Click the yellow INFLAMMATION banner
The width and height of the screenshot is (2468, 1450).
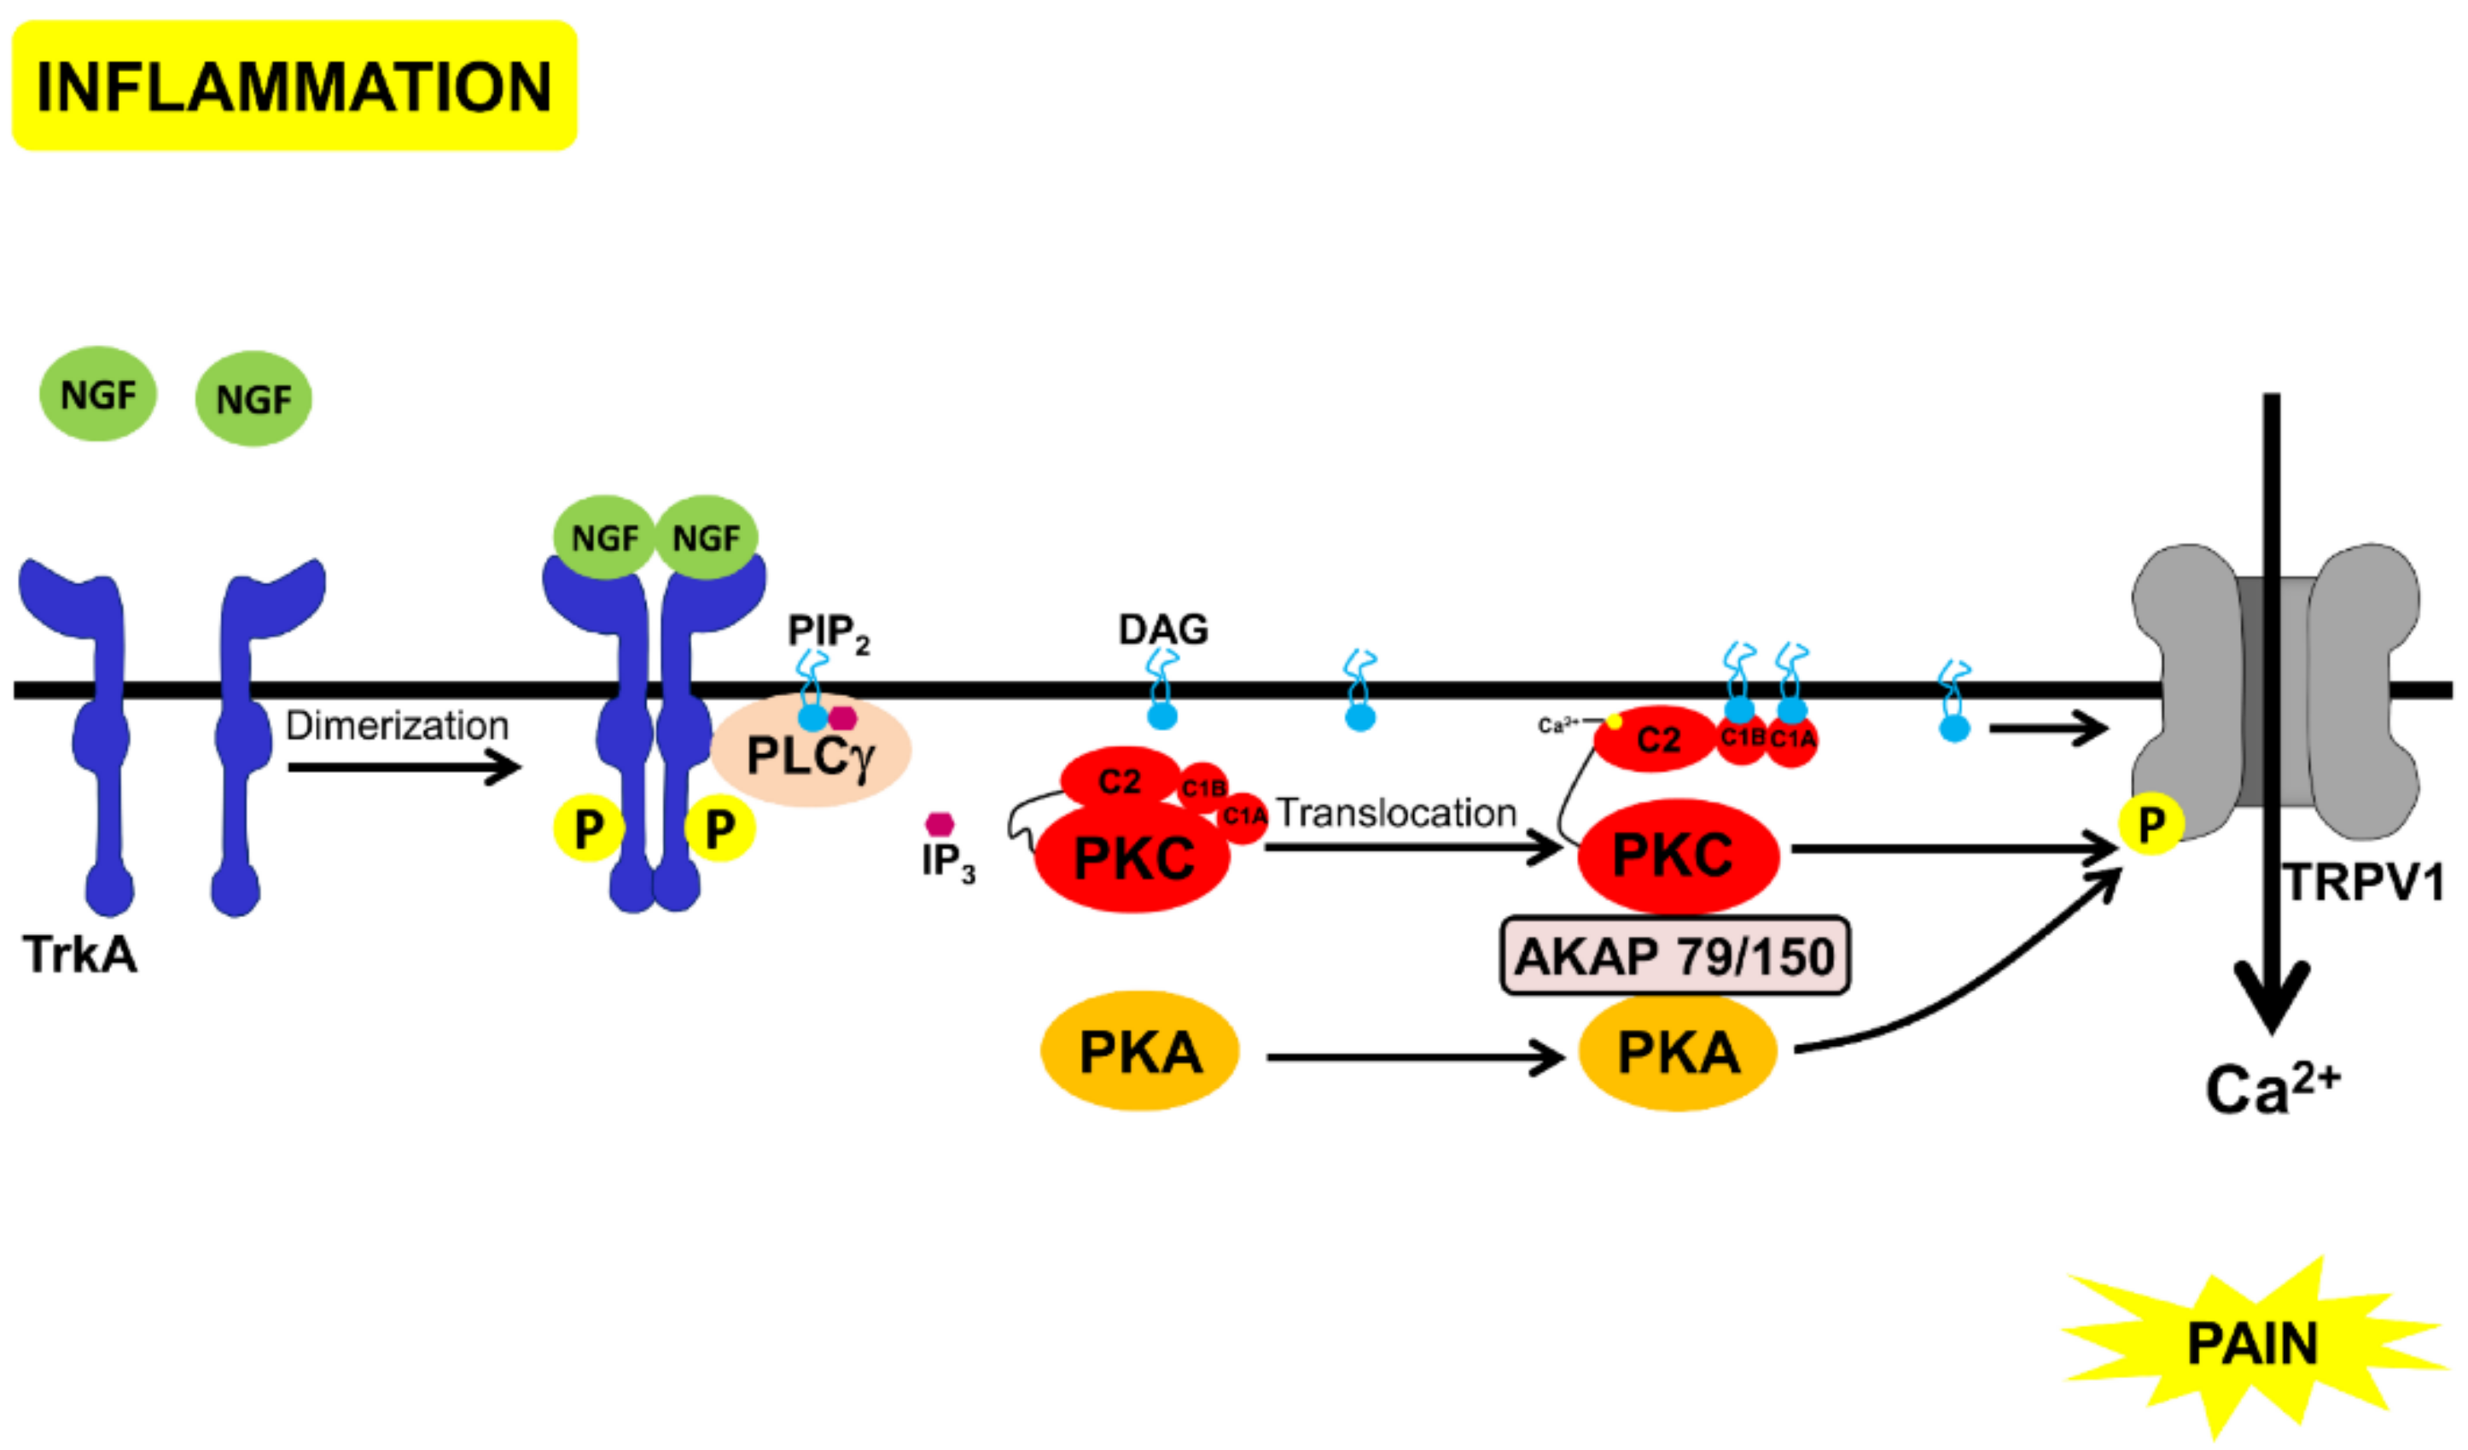click(x=294, y=86)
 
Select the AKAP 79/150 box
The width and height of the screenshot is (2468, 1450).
click(x=1674, y=956)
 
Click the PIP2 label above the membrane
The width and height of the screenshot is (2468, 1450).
click(x=828, y=632)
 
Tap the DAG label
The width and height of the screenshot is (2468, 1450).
click(x=1162, y=629)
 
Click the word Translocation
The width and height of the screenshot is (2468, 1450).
click(x=1395, y=813)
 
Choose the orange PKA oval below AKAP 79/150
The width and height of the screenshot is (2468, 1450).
click(x=1678, y=1053)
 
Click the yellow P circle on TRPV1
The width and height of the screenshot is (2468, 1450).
click(x=2151, y=825)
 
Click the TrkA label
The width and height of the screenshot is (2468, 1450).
click(x=80, y=954)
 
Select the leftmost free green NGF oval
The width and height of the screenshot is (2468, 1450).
click(x=98, y=394)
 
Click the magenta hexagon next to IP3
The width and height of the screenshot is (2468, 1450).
click(x=940, y=823)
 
